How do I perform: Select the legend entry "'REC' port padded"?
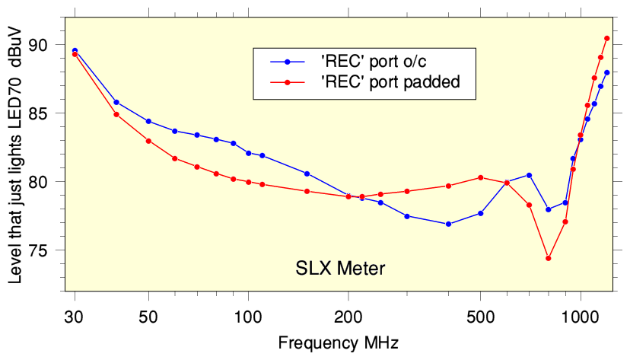point(391,82)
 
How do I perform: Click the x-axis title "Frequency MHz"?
point(338,342)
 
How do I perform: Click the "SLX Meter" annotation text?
point(340,268)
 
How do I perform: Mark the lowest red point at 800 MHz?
point(548,258)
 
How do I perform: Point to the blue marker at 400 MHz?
point(448,224)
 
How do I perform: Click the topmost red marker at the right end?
point(607,38)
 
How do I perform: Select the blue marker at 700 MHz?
point(529,175)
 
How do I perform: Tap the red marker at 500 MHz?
point(480,177)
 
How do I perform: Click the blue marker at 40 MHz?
point(116,102)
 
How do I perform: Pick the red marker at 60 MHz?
point(175,158)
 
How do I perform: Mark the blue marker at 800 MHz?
point(548,209)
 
